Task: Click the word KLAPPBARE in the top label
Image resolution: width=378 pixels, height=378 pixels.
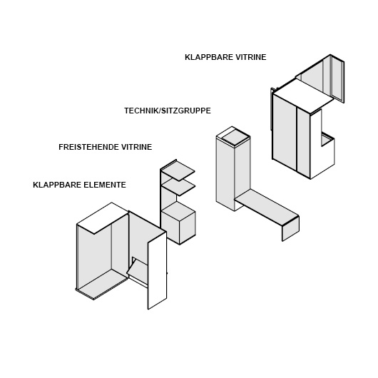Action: pyautogui.click(x=209, y=57)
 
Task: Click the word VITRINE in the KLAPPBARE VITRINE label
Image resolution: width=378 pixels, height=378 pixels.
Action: pyautogui.click(x=251, y=57)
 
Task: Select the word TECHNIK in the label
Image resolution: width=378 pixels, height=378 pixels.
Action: pyautogui.click(x=141, y=111)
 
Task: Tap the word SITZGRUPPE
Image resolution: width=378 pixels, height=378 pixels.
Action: pyautogui.click(x=186, y=111)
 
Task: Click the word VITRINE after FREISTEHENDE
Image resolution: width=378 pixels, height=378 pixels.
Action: pyautogui.click(x=136, y=147)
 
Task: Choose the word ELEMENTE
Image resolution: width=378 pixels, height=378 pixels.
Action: pyautogui.click(x=105, y=185)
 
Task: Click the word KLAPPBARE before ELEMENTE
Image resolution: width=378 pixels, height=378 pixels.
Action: pyautogui.click(x=57, y=185)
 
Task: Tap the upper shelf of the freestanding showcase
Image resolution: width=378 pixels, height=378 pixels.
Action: pyautogui.click(x=178, y=170)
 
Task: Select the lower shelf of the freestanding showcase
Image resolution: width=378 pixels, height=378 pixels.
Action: pyautogui.click(x=178, y=187)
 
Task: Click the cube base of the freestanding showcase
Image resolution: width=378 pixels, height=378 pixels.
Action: pyautogui.click(x=178, y=223)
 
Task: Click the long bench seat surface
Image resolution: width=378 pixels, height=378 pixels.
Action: pyautogui.click(x=267, y=208)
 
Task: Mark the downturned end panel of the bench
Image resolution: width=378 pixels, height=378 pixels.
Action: pyautogui.click(x=291, y=228)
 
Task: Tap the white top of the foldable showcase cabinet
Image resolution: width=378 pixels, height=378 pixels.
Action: pyautogui.click(x=304, y=96)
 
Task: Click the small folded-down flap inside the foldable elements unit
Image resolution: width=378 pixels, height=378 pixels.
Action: pyautogui.click(x=138, y=267)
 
